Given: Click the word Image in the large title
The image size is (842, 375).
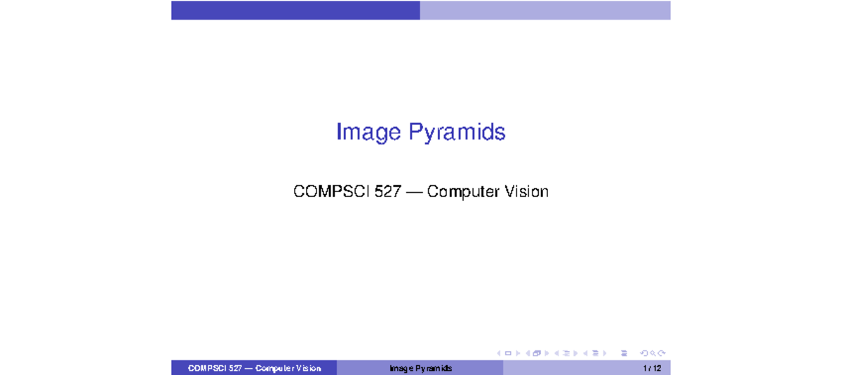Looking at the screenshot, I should [x=365, y=132].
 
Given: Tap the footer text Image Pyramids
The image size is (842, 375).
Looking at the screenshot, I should [x=420, y=369].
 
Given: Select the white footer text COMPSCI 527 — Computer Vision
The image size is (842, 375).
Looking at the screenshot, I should [x=254, y=369].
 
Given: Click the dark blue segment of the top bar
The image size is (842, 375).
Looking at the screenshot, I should [x=295, y=10].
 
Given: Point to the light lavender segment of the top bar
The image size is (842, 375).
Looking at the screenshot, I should [x=545, y=10].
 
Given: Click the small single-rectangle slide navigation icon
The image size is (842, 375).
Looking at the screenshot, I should [x=508, y=353].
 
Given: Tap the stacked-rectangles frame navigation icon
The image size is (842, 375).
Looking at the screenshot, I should [x=537, y=353].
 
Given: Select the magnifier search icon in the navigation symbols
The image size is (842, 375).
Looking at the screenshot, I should [x=653, y=353].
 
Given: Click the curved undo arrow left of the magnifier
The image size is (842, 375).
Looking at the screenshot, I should [x=644, y=353].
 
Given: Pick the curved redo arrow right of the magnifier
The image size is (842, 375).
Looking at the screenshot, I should [x=662, y=353].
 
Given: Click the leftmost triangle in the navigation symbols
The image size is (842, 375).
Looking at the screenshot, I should [x=499, y=353].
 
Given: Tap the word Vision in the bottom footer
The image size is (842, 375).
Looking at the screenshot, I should [x=308, y=369].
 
